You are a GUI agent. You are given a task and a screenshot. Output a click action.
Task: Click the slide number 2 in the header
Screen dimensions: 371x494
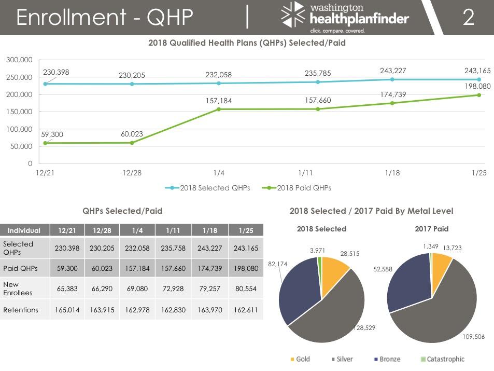pos(468,18)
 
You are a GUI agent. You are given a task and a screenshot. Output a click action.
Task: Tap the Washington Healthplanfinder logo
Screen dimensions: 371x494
pos(345,18)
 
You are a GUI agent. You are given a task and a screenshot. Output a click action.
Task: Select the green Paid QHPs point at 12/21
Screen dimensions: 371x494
pos(45,143)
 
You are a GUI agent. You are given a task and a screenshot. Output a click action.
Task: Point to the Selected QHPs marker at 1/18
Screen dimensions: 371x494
pos(392,79)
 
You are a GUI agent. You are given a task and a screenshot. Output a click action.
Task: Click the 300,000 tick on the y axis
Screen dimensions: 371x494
pos(19,60)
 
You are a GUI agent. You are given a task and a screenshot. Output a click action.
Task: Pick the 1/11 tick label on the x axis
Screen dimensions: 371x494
pos(305,173)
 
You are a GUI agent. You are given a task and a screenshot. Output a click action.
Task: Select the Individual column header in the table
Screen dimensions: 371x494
pos(24,230)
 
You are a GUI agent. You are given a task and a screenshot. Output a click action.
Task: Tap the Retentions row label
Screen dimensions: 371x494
pos(21,310)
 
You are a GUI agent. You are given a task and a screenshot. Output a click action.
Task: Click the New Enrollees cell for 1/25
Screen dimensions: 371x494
pos(246,288)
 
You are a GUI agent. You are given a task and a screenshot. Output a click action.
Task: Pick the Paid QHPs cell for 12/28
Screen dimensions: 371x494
pos(102,268)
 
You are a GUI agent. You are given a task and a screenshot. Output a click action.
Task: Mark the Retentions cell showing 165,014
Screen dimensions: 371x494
pos(67,310)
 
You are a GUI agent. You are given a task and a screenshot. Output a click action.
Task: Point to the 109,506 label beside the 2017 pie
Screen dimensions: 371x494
pos(473,337)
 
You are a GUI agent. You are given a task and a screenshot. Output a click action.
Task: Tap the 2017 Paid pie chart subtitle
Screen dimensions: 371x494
pos(431,228)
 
